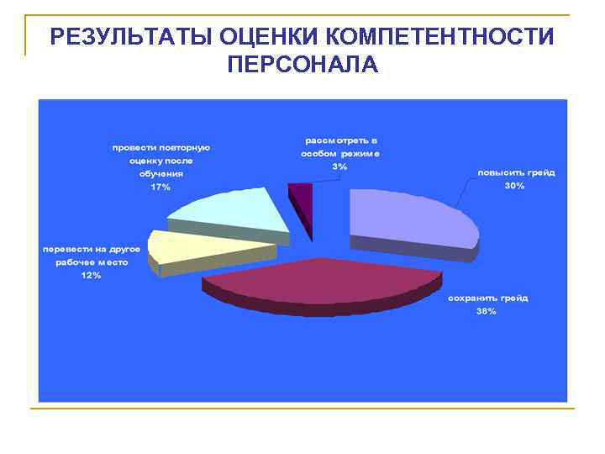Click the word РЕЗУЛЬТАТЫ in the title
click(x=129, y=37)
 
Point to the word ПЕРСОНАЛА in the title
click(x=302, y=65)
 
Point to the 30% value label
click(x=514, y=185)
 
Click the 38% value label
click(x=486, y=311)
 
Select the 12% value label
click(x=91, y=276)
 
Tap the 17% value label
click(x=160, y=187)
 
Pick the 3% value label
click(x=339, y=166)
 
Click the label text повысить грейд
click(x=516, y=172)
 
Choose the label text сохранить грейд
click(x=487, y=298)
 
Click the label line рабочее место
click(x=92, y=262)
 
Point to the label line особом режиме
click(x=340, y=154)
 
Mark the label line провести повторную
click(x=161, y=147)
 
